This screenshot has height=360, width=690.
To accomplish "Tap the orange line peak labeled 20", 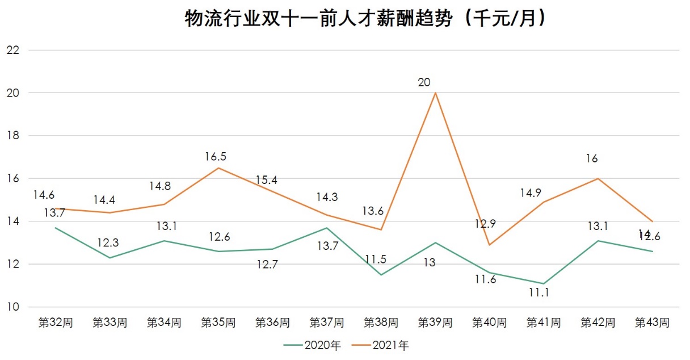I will (x=435, y=93).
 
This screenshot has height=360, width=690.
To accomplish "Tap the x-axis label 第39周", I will (x=435, y=323).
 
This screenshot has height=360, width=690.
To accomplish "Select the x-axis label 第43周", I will (x=652, y=323).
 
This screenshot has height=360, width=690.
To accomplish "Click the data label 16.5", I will (x=218, y=156).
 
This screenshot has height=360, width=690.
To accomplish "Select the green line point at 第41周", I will (x=544, y=283).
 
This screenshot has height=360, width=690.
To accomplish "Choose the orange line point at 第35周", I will (x=218, y=168).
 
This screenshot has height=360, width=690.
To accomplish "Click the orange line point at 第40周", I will (x=489, y=245).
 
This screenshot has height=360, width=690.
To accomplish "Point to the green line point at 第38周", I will (x=381, y=275).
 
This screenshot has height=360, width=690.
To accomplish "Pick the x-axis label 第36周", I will (x=272, y=323).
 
